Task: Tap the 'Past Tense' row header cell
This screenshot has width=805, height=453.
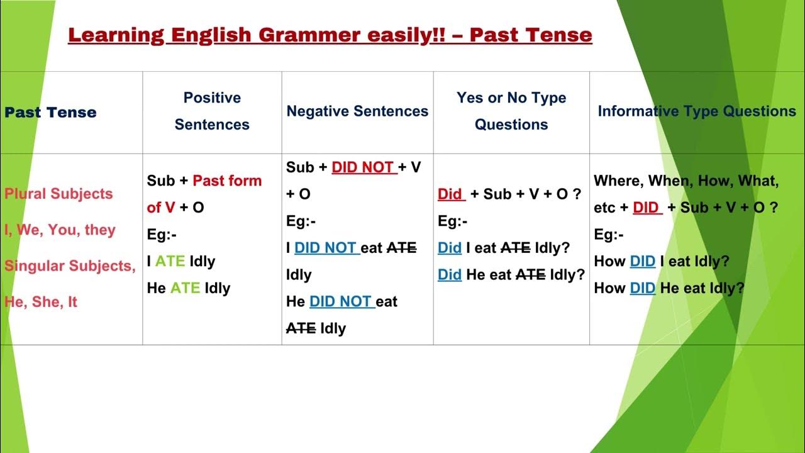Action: pyautogui.click(x=50, y=113)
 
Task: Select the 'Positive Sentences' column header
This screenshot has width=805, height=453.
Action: pyautogui.click(x=212, y=111)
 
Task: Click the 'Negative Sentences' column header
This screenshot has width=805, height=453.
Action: pyautogui.click(x=357, y=111)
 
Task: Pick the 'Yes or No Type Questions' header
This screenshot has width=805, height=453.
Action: pyautogui.click(x=511, y=111)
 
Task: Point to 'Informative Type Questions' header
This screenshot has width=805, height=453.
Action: pyautogui.click(x=696, y=111)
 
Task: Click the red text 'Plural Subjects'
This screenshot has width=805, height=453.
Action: pyautogui.click(x=58, y=194)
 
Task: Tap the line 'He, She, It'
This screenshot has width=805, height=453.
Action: pyautogui.click(x=40, y=302)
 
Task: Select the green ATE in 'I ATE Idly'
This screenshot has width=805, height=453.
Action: pyautogui.click(x=170, y=262)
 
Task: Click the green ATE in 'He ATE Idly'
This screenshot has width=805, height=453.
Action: pyautogui.click(x=185, y=289)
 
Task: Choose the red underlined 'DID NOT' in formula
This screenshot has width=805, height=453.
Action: pyautogui.click(x=364, y=168)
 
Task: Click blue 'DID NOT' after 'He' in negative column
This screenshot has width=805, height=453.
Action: pyautogui.click(x=341, y=302)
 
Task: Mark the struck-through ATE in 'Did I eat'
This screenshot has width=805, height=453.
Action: pyautogui.click(x=515, y=249)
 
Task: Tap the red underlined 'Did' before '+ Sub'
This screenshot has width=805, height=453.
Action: pyautogui.click(x=450, y=194)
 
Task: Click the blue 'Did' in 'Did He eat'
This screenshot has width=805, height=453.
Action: pyautogui.click(x=450, y=275)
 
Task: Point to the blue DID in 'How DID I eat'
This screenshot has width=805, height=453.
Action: pyautogui.click(x=642, y=262)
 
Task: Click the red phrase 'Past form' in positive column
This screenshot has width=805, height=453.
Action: pyautogui.click(x=227, y=181)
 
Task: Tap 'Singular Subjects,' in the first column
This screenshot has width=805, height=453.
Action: pyautogui.click(x=70, y=266)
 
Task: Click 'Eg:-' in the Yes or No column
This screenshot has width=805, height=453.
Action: pyautogui.click(x=452, y=221)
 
